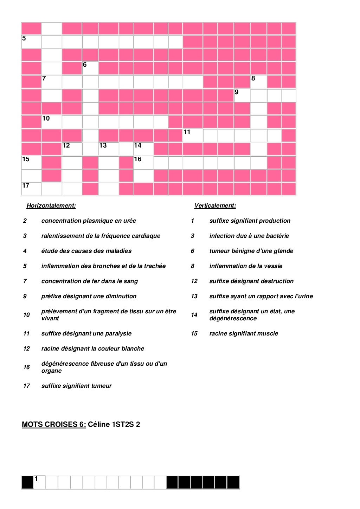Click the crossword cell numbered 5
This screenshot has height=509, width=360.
click(31, 42)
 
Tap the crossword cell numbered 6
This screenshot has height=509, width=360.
click(90, 68)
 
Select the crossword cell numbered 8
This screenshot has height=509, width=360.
click(258, 82)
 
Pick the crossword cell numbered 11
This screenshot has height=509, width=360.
click(193, 135)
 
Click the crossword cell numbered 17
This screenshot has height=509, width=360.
click(31, 189)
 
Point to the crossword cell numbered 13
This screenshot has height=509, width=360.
click(109, 149)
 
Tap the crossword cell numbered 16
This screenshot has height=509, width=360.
click(143, 163)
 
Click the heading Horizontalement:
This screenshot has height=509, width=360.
click(51, 206)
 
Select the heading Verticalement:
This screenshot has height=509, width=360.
click(215, 206)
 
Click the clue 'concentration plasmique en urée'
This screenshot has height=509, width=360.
click(89, 221)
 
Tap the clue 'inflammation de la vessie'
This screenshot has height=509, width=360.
click(246, 266)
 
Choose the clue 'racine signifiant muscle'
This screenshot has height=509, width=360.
click(244, 334)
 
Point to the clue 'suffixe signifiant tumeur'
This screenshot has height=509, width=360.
click(76, 386)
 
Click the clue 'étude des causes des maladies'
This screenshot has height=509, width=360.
click(86, 251)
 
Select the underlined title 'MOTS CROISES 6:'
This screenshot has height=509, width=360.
click(54, 424)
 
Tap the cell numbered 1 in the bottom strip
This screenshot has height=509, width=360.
click(39, 482)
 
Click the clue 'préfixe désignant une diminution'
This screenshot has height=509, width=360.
click(89, 296)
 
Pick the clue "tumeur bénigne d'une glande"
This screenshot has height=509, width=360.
click(251, 251)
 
